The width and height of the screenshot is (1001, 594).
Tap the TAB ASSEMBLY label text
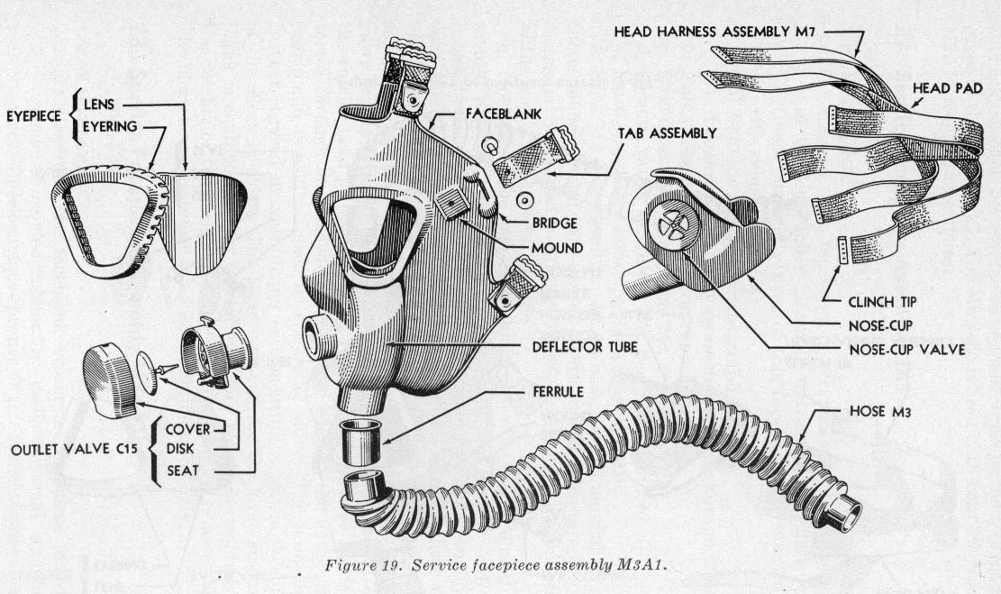(667, 133)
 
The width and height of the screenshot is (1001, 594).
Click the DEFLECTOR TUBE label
(584, 346)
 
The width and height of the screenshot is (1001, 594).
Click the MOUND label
(556, 246)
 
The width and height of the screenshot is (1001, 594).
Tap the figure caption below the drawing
(502, 565)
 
